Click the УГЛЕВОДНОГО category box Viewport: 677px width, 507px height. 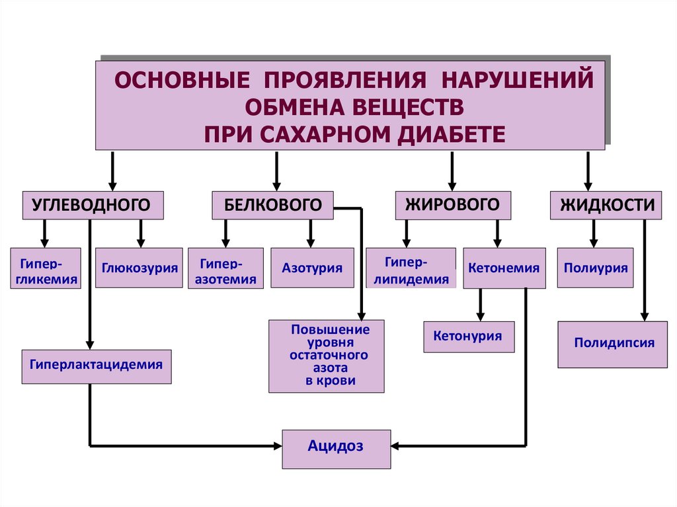[x=93, y=205]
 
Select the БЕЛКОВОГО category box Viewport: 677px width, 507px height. [x=273, y=205]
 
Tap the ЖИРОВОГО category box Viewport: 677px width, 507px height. [x=453, y=204]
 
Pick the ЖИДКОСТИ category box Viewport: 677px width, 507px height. [x=607, y=204]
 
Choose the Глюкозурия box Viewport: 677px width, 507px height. [x=139, y=268]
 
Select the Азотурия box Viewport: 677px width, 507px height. [x=312, y=268]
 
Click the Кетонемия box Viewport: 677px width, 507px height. [x=504, y=268]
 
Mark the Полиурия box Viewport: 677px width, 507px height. [x=596, y=268]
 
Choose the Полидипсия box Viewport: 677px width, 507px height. [x=612, y=344]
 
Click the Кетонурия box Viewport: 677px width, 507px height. [x=468, y=336]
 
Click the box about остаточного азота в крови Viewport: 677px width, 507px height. [x=326, y=356]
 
